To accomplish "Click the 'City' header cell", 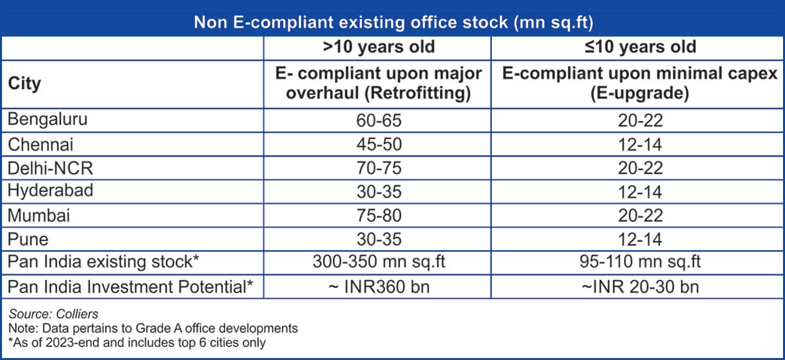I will pos(25,84).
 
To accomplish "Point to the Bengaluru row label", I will pos(47,120).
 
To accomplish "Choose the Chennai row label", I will pos(41,144).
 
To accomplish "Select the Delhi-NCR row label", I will pos(50,168).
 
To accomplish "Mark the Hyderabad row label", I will pos(50,192).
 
